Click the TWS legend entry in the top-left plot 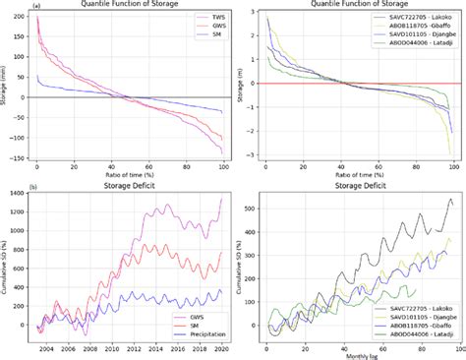pyautogui.click(x=207, y=18)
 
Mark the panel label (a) pyautogui.click(x=8, y=5)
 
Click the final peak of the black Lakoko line pyautogui.click(x=450, y=200)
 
